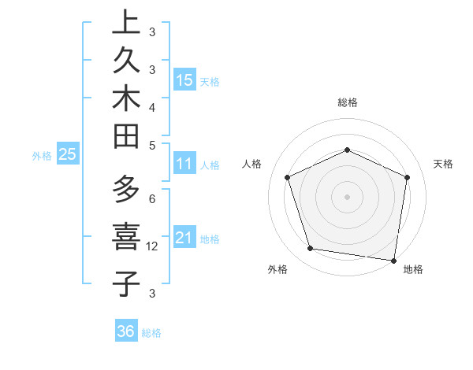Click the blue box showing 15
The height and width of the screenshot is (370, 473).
point(184,80)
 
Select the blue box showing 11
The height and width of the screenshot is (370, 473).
point(184,165)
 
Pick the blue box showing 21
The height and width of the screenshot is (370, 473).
point(184,237)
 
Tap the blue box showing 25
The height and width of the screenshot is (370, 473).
point(67,154)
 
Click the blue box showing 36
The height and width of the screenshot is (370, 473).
point(126,331)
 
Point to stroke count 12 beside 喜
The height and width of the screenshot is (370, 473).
point(153,246)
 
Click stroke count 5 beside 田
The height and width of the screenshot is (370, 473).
point(152,145)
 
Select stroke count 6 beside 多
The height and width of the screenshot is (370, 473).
point(152,199)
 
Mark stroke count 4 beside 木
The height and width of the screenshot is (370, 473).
point(152,106)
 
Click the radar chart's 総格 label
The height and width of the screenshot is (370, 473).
point(348,102)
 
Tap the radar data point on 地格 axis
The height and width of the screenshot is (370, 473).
point(393,260)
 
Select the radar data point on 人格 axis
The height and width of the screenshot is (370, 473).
point(288,177)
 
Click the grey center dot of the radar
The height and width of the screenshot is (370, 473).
point(348,197)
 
